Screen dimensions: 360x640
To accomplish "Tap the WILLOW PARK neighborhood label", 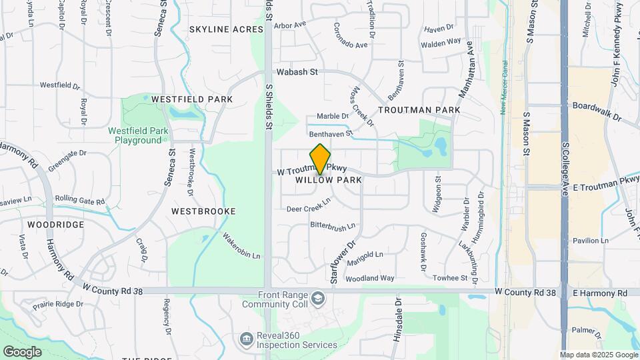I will pos(328,180).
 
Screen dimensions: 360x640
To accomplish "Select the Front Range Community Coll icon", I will pos(317,297).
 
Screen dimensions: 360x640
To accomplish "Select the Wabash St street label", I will pos(298,71).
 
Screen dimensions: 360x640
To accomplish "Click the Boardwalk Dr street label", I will pos(597,111).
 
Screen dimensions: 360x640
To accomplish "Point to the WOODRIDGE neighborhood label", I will pos(56,225).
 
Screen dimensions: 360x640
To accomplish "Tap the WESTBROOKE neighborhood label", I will pos(203,211).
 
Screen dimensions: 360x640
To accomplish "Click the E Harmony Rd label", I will pos(600,293).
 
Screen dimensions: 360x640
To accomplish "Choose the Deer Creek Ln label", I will pos(309,207).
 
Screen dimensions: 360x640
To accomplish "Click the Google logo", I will pos(22,351).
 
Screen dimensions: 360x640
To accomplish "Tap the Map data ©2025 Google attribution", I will pos(598,355).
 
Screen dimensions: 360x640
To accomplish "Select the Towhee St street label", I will pos(451,278).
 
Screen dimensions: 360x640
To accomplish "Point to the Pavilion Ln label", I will pos(591,241).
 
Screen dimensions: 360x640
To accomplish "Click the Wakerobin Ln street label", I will pos(241,246).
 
